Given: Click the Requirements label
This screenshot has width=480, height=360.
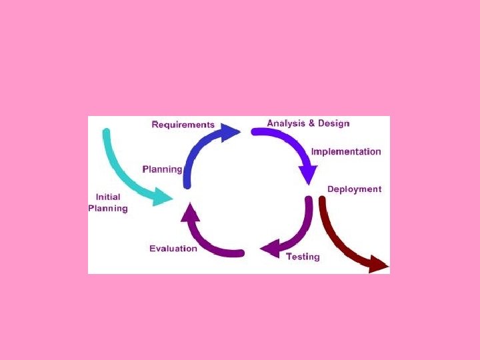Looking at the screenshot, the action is coord(183,125).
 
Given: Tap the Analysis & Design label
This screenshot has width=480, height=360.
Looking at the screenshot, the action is coord(308,123).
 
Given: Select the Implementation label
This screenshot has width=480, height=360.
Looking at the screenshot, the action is coord(346,151).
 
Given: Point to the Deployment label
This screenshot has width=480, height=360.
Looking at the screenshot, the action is coord(354,189).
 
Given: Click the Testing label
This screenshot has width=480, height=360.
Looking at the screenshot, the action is coord(303,257).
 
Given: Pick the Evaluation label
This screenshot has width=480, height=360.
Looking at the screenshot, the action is coord(173,249).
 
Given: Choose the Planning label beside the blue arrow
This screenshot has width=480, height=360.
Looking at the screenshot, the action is coord(162,169).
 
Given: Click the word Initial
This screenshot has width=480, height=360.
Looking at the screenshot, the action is coord(108,197).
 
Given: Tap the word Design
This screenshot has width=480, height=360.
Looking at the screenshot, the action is coord(333,123).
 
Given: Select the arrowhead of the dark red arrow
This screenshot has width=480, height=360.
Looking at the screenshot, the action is coord(379,265).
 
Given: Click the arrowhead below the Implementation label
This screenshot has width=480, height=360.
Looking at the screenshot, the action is coord(307,175).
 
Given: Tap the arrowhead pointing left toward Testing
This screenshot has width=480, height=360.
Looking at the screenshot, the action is coord(269,249).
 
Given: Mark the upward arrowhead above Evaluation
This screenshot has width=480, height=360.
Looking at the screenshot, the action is coord(190,212).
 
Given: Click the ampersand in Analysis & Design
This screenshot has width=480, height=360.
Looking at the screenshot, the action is coord(311,123).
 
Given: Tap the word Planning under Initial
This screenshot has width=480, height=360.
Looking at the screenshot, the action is coord(108,208).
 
